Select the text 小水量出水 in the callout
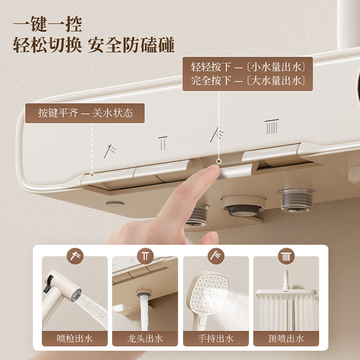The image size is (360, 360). (279, 67)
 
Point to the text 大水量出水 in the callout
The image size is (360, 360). (279, 81)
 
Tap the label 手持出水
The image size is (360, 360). (216, 338)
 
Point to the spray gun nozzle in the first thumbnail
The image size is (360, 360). (76, 295)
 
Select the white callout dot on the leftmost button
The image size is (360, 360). (92, 174)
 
